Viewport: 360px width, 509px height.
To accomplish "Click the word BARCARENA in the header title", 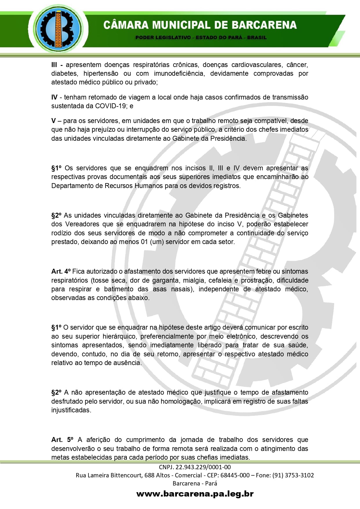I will coord(264,25).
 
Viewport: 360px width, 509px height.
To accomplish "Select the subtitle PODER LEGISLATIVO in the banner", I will coord(163,37).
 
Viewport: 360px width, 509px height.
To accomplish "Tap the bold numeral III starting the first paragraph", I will coord(54,65).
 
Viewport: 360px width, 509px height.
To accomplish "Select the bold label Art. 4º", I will coord(61,271).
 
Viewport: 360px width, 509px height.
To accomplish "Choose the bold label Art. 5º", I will coord(62,440).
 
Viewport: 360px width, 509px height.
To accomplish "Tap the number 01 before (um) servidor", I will coord(144,242).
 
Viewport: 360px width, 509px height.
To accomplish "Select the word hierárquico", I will coord(119,336).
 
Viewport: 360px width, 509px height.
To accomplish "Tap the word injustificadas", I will coord(71,410).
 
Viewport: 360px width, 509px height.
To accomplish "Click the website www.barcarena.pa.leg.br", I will coord(195,494).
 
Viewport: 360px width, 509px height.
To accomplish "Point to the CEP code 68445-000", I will coord(235,475).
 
